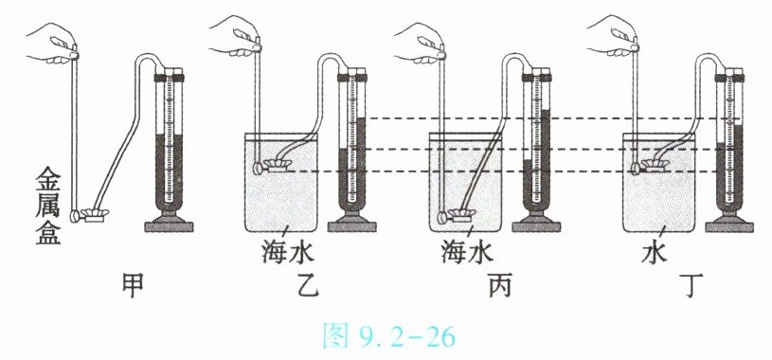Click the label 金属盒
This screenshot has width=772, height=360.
pos(47,208)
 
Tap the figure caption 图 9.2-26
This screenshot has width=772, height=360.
pos(389,336)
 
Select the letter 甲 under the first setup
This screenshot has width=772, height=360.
pos(133,286)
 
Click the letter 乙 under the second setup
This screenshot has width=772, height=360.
pos(308,286)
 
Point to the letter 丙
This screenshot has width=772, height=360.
pos(500,286)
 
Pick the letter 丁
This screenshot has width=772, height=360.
pos(691,286)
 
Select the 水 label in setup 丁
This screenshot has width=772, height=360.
pos(655,253)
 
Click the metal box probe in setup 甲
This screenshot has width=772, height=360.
pos(90,215)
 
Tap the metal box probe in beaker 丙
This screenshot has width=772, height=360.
pos(457,215)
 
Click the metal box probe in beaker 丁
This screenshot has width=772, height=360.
pos(650,167)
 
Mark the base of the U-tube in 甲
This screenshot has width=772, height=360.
pos(169,225)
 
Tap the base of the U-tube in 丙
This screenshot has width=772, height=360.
pos(536,225)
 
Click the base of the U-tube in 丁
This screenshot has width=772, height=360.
pos(729,225)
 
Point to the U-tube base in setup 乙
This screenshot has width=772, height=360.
pos(352,225)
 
